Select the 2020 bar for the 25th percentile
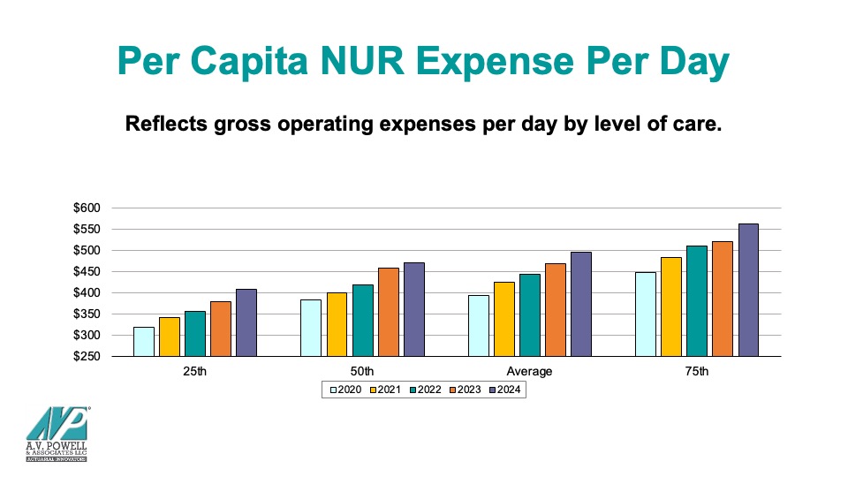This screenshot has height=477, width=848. [x=143, y=341]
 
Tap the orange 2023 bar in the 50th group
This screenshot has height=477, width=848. [x=389, y=312]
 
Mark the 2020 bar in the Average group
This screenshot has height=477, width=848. [x=478, y=325]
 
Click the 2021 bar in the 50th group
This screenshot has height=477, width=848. [x=337, y=324]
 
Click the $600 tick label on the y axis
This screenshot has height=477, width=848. [x=89, y=208]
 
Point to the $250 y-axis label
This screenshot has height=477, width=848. [x=89, y=356]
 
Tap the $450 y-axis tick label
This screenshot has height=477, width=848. [x=89, y=271]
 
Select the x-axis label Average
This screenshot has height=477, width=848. [x=529, y=371]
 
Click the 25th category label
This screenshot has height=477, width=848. [x=195, y=371]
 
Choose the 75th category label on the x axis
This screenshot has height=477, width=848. [x=696, y=371]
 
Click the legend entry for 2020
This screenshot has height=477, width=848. [x=345, y=390]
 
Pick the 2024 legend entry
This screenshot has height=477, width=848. [x=506, y=390]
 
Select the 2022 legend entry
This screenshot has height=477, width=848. [x=426, y=390]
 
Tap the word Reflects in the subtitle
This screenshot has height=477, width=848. [x=165, y=123]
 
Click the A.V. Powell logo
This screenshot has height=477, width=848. [x=56, y=432]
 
